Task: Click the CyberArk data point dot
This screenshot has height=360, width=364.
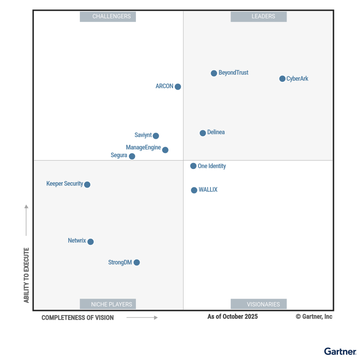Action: point(282,79)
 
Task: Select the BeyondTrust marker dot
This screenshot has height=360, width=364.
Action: point(214,73)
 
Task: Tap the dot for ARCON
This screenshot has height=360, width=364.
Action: point(178,87)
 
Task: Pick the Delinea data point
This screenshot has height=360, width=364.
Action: point(203,133)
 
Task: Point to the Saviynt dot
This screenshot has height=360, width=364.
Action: point(156,136)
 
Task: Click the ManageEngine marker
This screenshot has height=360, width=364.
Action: point(165,150)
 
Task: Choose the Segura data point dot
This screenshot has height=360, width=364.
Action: point(132,156)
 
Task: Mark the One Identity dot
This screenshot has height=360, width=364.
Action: point(193,166)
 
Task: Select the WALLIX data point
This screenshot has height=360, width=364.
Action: point(194,190)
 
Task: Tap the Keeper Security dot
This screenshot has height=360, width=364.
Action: point(87,184)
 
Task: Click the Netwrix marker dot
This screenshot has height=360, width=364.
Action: point(90,242)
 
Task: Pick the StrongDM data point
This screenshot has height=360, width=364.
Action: point(137,262)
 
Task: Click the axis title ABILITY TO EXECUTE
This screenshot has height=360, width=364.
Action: point(26,275)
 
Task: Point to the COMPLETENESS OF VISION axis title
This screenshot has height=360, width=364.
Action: point(77,318)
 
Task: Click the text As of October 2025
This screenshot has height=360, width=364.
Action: point(232,316)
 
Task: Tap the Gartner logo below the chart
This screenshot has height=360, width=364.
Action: point(340,351)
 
